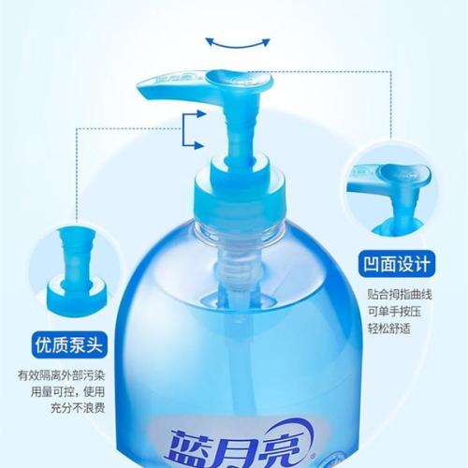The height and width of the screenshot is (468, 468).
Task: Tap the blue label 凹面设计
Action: pos(397,264)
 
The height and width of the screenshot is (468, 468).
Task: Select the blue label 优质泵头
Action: pos(69,344)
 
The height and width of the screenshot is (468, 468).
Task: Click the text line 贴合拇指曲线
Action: pos(400,294)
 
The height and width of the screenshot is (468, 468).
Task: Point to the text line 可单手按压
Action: pos(394,311)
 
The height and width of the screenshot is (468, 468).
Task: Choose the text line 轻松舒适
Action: pos(388,329)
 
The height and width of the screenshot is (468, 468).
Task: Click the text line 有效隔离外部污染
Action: pos(61,375)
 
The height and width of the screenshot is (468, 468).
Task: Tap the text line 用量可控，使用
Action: pos(67,392)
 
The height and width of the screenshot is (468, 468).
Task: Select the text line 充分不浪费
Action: pos(78,408)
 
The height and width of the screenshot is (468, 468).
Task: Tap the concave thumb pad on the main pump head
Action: pos(227,78)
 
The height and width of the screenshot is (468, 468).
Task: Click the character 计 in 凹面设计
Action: pos(421,264)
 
